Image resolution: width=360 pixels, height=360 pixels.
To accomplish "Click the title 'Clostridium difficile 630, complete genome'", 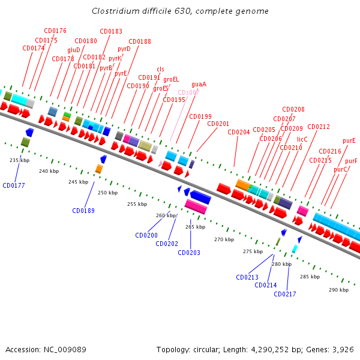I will [180, 11].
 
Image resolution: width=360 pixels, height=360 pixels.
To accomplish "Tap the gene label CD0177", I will [14, 185].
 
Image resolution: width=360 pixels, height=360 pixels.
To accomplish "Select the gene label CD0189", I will [83, 211].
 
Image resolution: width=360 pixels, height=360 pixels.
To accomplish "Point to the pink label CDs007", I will [188, 92].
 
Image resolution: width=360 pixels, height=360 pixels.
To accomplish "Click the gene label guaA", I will [199, 85].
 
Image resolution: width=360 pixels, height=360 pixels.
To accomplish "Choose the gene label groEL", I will [171, 79].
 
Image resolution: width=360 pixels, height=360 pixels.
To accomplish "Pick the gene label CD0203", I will [189, 253].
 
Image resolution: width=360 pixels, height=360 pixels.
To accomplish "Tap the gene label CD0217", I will [285, 294].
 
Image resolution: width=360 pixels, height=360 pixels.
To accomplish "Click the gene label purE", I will [349, 141].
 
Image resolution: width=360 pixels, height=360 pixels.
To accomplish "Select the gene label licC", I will [302, 139].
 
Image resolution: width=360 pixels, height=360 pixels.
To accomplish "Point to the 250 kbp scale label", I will [107, 193].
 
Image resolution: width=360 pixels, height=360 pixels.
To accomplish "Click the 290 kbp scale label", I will [338, 290].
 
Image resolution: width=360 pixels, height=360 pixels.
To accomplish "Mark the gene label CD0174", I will [34, 48].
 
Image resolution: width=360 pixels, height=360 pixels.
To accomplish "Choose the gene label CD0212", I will [319, 127].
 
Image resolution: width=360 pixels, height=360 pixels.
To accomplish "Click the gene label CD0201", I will [218, 124].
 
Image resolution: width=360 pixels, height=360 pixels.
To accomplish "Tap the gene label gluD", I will [74, 50].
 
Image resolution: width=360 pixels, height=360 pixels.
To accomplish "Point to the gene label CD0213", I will [247, 277].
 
